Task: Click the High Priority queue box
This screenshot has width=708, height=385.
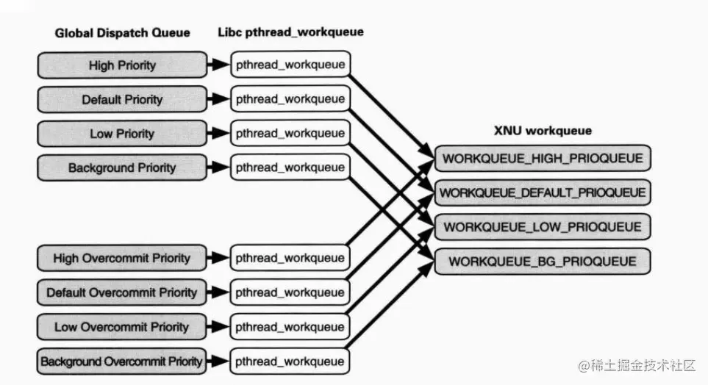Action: (122, 65)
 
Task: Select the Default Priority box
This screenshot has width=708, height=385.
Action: (122, 99)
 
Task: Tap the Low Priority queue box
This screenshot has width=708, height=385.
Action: (122, 134)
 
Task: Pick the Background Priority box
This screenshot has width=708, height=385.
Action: (122, 168)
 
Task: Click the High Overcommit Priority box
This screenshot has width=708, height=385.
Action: (122, 258)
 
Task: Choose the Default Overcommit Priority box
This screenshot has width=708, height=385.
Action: (122, 292)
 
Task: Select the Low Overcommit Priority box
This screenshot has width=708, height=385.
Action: (122, 327)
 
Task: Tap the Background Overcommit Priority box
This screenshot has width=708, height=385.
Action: (122, 361)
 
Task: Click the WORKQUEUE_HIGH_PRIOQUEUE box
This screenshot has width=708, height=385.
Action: (543, 158)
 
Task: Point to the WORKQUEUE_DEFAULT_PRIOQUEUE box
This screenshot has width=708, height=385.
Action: (543, 192)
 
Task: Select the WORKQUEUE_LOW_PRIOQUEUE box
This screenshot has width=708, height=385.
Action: (543, 227)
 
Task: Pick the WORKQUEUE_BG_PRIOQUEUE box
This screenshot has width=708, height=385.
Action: (543, 261)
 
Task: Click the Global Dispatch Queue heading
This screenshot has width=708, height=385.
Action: (122, 33)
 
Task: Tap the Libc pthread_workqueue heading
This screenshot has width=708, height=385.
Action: (290, 32)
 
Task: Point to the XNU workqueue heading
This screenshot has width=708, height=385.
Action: (543, 131)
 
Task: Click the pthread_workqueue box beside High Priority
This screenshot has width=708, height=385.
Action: (290, 65)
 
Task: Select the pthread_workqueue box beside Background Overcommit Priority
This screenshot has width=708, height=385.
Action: (290, 361)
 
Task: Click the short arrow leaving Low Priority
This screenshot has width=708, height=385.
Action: (218, 134)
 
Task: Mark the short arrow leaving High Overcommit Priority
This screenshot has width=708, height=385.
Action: (218, 258)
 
